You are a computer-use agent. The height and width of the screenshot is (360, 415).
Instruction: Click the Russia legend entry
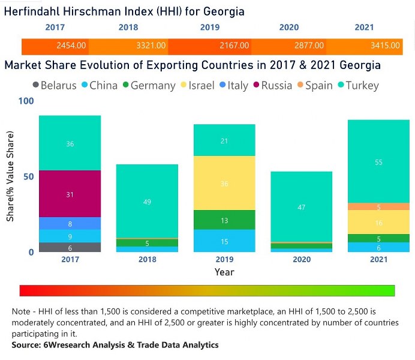(x=271, y=85)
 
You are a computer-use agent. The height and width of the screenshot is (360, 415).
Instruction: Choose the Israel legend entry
(x=196, y=85)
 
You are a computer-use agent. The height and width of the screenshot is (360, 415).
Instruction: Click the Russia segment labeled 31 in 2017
(x=70, y=194)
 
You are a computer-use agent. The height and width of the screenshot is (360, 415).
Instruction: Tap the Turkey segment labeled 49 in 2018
(x=147, y=202)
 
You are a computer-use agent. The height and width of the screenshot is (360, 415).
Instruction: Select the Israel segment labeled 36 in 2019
(x=224, y=184)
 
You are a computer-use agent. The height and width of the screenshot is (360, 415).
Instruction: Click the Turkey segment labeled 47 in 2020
(x=302, y=207)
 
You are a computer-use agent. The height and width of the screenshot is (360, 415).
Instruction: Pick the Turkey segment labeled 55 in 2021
(x=378, y=162)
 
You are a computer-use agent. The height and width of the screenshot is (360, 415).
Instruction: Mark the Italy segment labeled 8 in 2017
(x=70, y=223)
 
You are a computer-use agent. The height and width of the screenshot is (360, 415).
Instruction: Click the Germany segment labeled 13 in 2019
(x=224, y=220)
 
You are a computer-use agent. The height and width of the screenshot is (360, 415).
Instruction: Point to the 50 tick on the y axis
(x=27, y=177)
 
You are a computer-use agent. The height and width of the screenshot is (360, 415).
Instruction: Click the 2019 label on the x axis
(x=224, y=260)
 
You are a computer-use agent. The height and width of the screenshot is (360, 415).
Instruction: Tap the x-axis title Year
(x=224, y=272)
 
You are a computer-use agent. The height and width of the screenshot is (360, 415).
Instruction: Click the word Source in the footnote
(x=26, y=345)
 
